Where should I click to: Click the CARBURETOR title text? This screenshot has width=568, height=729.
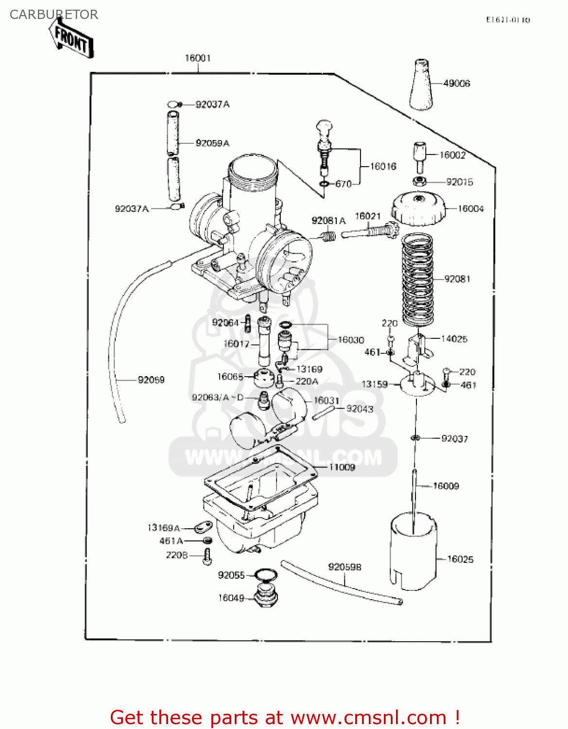coord(54,15)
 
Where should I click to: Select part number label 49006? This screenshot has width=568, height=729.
coord(456,84)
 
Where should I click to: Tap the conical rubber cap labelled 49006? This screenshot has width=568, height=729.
coord(421,86)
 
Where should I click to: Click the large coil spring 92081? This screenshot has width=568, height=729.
coord(418,279)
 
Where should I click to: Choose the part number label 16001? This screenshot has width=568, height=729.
coord(198,58)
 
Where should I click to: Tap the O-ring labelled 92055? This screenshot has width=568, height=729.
coord(266,575)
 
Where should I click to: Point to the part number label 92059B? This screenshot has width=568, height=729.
coord(344,567)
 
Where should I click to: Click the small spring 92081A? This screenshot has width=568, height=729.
coord(329,236)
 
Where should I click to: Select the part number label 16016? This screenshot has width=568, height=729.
coord(383,167)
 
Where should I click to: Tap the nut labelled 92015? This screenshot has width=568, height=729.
coord(420,182)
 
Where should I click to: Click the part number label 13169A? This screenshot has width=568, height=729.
coord(164,528)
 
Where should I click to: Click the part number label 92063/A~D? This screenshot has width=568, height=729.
coord(218,398)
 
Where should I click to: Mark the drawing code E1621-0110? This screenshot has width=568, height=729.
coord(508,20)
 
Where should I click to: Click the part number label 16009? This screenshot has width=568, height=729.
coord(446,486)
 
